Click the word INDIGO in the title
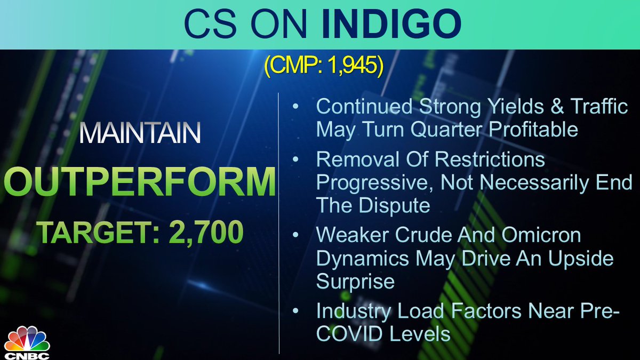click(391, 23)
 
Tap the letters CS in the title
click(211, 23)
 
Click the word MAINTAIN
click(140, 133)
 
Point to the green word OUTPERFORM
click(140, 181)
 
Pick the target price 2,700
click(206, 231)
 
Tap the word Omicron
click(541, 235)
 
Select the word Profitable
click(533, 129)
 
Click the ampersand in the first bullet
click(553, 106)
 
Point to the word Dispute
click(394, 206)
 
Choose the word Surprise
click(355, 282)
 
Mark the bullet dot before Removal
click(295, 159)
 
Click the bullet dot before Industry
click(295, 310)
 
